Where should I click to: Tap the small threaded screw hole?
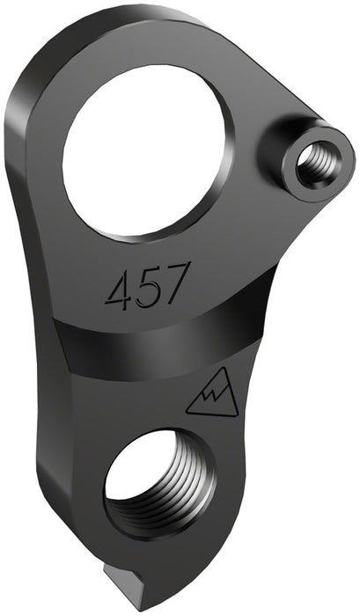tap(311, 164)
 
